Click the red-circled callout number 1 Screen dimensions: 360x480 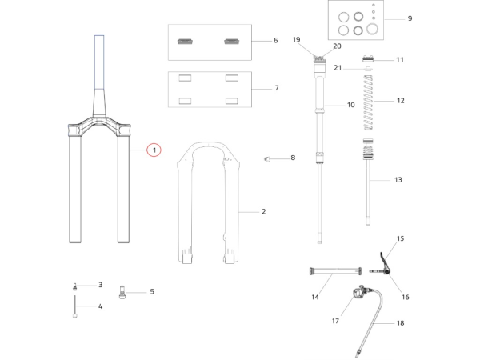(x=154, y=150)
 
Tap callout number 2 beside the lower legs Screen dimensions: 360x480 (x=263, y=212)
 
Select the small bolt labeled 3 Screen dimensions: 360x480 (x=74, y=286)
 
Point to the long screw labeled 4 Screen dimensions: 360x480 (x=74, y=306)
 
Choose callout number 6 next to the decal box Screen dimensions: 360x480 (x=275, y=41)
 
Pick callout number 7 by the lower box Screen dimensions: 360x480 (x=276, y=88)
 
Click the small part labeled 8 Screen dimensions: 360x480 (x=267, y=158)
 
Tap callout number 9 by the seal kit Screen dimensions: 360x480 (x=410, y=18)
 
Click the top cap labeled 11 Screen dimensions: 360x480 (x=369, y=59)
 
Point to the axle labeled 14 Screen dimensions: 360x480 (x=330, y=274)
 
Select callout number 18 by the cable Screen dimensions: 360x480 (x=401, y=323)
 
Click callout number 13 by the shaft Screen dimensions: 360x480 (x=398, y=180)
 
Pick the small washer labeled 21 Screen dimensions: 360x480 (x=368, y=70)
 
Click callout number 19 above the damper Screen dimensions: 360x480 (x=297, y=39)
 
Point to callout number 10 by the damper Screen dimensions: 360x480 (x=350, y=106)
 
